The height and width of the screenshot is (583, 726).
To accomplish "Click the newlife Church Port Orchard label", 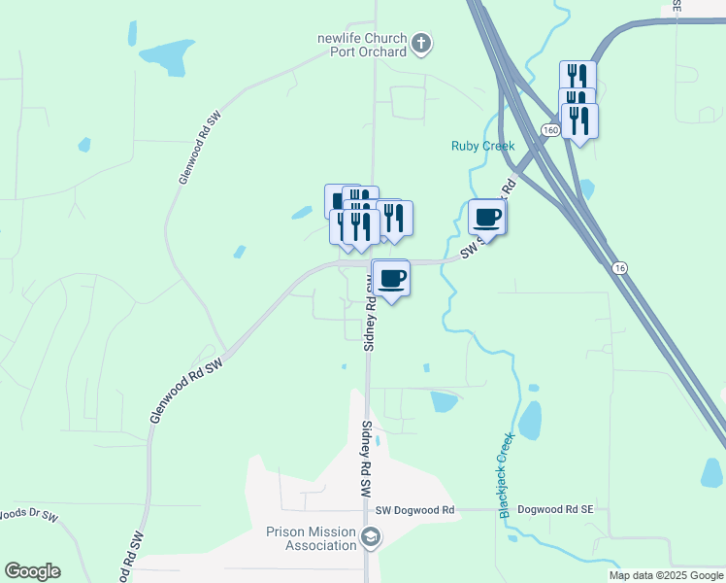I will coord(360,45).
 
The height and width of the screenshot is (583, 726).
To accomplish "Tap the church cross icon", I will coord(421,43).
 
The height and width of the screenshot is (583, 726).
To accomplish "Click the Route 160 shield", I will coord(551,130).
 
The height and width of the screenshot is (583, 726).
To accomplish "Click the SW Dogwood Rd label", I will coord(414,510).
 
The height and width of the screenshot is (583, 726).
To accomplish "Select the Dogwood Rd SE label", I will coord(554,509).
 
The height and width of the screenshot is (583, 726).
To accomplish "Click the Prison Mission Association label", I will coord(312,538).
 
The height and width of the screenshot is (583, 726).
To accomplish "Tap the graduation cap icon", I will coord(371,537).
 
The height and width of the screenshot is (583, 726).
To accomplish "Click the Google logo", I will coord(32,571).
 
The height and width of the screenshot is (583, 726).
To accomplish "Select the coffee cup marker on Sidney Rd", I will coord(391,279).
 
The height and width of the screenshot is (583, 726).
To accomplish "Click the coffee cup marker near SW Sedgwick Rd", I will coord(486,218).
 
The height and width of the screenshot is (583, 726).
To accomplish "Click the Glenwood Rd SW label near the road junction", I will coord(186,390).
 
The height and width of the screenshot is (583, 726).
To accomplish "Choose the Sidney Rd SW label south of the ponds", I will coord(367,459).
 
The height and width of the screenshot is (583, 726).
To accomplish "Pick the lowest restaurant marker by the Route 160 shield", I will coord(579,121).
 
